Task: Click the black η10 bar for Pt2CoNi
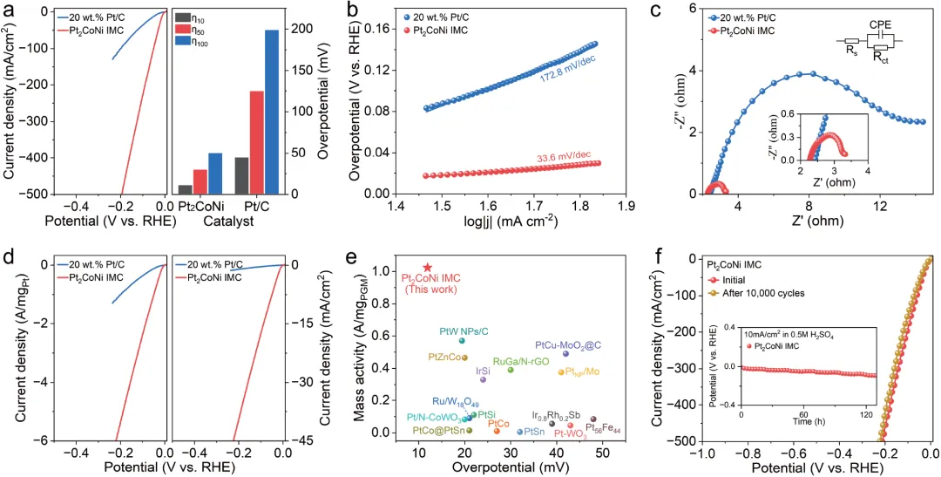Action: (x=185, y=188)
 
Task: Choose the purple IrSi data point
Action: (x=484, y=379)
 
